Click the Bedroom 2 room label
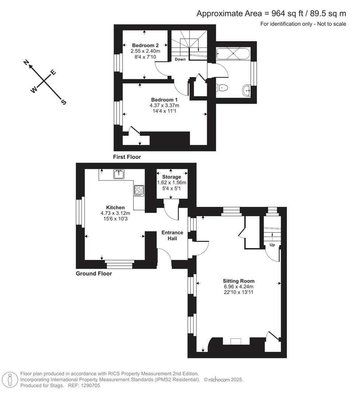(x=145, y=45)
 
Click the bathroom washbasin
(x=247, y=89)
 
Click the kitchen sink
(x=119, y=174)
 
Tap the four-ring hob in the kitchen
(x=139, y=190)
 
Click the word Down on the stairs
(x=180, y=59)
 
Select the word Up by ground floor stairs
(x=273, y=245)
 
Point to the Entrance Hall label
(x=172, y=235)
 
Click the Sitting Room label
(x=238, y=281)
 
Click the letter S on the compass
(x=63, y=102)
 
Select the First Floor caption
(x=127, y=157)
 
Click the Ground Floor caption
(x=94, y=273)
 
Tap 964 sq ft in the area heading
(x=286, y=14)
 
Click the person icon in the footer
(x=10, y=380)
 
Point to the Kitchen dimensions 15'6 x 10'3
(x=115, y=219)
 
